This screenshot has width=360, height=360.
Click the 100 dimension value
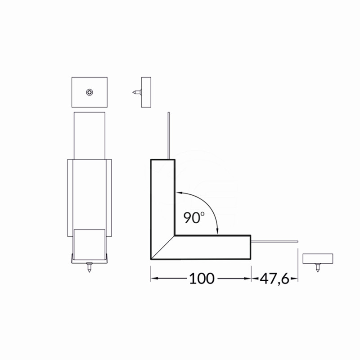click(202, 279)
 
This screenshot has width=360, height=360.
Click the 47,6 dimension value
click(274, 279)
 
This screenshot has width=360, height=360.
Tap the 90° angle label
click(194, 217)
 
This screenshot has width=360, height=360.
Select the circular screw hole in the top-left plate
click(90, 92)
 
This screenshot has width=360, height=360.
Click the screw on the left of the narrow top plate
click(137, 92)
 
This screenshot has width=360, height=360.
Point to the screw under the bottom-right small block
click(318, 268)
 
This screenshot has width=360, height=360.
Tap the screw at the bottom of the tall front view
click(89, 268)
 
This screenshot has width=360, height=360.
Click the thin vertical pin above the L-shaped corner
click(168, 135)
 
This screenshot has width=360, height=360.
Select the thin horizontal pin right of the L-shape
click(274, 242)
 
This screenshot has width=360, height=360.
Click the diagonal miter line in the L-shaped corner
click(163, 247)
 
